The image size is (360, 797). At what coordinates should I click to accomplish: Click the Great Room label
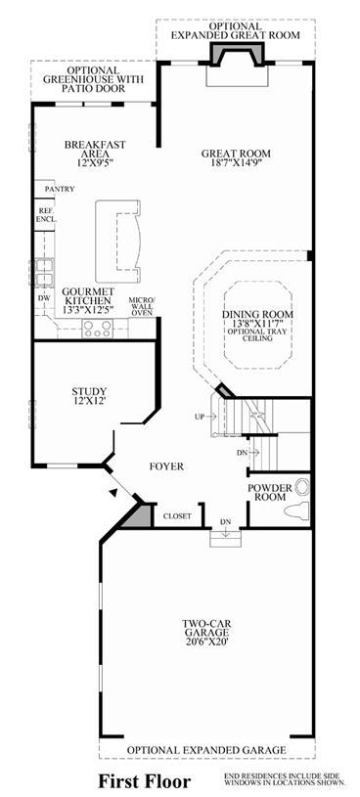236,157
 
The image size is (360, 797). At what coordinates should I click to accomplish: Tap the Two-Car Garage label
205,633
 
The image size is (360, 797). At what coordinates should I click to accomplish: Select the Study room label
89,395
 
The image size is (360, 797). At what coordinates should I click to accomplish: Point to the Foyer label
166,466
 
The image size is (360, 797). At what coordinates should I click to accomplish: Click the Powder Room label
270,492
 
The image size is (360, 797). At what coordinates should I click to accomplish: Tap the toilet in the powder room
297,509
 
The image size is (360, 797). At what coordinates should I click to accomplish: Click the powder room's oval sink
301,487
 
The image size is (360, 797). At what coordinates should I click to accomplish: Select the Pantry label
60,189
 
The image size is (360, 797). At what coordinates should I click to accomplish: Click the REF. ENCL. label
46,215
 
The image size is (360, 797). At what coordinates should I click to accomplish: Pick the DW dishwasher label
45,298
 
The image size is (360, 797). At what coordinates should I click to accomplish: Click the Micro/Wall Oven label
140,306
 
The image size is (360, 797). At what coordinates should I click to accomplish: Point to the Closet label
177,516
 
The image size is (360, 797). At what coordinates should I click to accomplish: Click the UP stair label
200,417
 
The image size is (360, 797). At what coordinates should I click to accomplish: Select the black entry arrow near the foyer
115,492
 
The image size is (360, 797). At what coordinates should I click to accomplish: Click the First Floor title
145,780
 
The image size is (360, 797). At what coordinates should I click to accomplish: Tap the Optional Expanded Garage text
206,750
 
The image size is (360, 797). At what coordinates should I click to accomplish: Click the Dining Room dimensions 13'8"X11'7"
258,323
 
